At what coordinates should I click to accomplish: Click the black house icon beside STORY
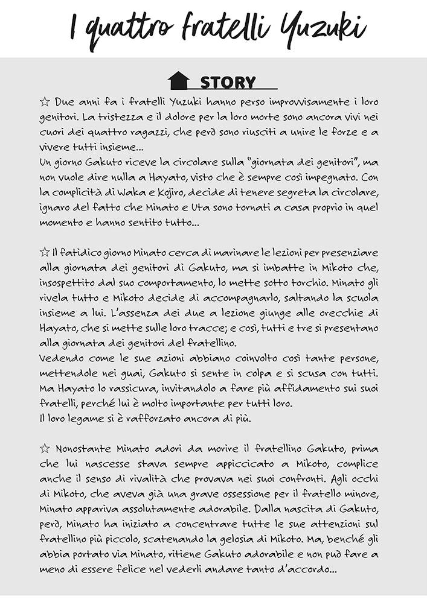178,80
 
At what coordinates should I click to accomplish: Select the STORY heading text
228,82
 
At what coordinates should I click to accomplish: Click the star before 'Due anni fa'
44,101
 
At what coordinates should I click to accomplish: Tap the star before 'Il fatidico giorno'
44,252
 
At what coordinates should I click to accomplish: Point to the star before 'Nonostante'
44,448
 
